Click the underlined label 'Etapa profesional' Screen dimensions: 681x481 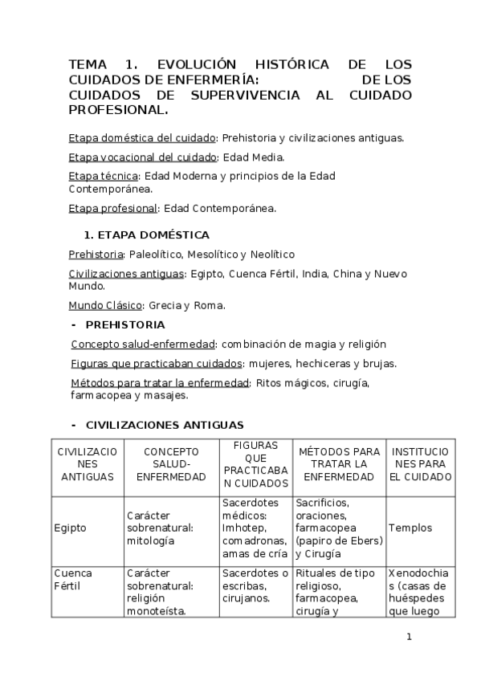coord(112,208)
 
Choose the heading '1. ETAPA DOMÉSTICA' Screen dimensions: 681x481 coord(147,235)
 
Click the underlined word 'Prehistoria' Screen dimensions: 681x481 coord(96,255)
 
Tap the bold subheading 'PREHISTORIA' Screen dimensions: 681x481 coord(125,324)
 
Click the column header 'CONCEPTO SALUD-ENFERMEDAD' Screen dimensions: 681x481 coord(171,464)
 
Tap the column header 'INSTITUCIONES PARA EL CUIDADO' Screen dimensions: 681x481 coord(421,464)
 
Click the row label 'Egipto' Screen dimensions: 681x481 coord(70,528)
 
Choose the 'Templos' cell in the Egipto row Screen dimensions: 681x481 coord(410,528)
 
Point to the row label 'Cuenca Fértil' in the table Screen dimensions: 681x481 coord(73,580)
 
